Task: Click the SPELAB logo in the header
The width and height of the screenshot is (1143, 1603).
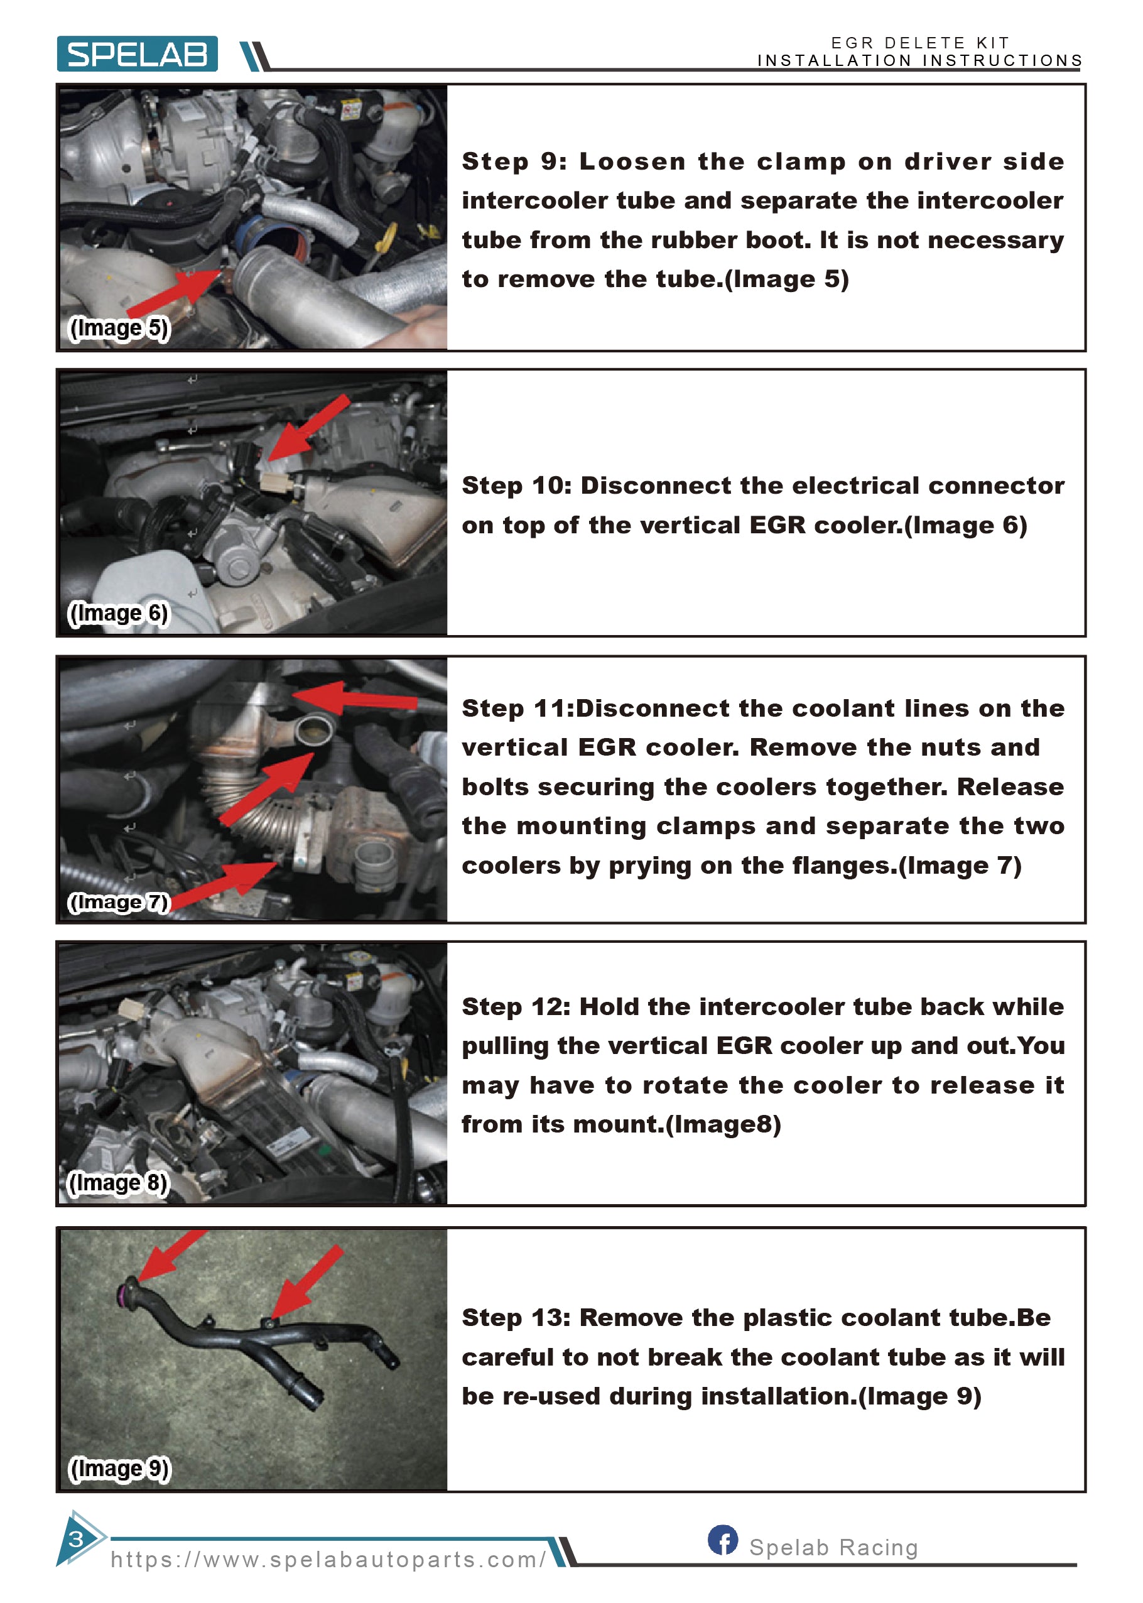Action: click(x=138, y=53)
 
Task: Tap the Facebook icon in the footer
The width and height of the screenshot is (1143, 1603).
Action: click(x=723, y=1540)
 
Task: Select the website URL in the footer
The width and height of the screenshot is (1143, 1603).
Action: click(x=328, y=1560)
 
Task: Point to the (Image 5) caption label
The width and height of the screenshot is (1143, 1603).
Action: click(x=119, y=328)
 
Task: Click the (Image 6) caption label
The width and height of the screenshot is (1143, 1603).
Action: click(x=118, y=613)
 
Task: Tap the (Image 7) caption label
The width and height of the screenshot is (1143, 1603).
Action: click(x=119, y=902)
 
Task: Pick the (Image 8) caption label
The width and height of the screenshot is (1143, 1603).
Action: click(x=118, y=1183)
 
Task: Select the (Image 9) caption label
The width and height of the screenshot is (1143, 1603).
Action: click(x=119, y=1469)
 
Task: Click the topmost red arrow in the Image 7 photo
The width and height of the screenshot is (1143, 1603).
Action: click(x=355, y=698)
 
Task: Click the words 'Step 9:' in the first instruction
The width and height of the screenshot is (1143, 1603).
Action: click(x=514, y=162)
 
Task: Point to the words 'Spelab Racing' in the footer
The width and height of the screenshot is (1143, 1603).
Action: click(x=834, y=1546)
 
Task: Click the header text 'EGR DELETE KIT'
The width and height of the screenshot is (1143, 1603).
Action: click(x=921, y=43)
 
